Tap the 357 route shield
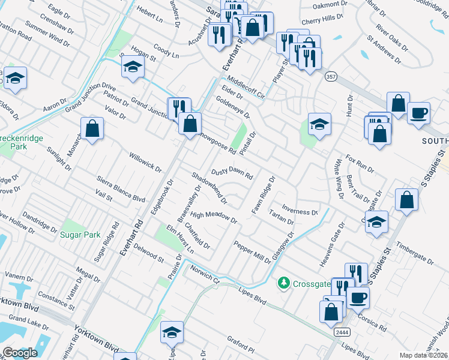pos(330,77)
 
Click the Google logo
pos(20,353)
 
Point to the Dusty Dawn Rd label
pos(232,172)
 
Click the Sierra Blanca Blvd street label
pos(121,188)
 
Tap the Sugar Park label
pos(80,235)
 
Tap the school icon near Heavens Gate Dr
pos(376,221)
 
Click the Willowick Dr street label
pos(145,162)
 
